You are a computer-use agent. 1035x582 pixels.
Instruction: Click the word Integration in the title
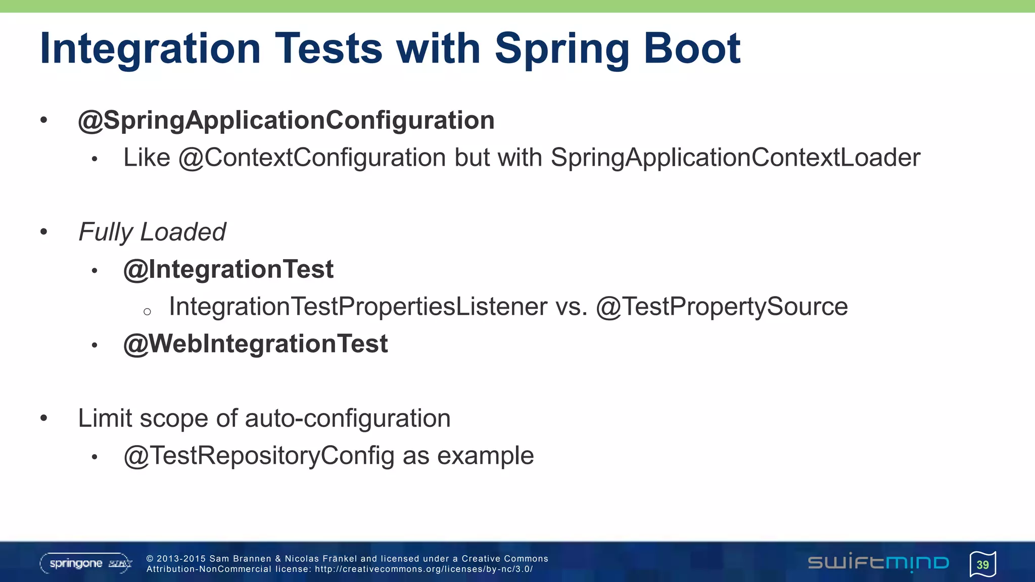point(150,49)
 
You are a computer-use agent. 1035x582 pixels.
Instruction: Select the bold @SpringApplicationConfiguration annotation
point(286,121)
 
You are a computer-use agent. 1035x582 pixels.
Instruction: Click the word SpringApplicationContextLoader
point(735,158)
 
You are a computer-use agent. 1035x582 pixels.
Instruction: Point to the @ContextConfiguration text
point(312,158)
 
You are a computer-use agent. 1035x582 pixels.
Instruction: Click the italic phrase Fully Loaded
point(152,232)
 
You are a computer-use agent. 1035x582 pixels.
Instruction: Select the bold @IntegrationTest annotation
point(228,269)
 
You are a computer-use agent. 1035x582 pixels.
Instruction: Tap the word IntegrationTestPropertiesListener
point(358,307)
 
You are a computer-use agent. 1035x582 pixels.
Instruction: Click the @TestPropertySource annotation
point(722,307)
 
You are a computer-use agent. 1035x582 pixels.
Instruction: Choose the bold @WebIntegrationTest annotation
point(256,344)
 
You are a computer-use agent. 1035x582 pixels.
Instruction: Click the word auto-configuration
point(348,419)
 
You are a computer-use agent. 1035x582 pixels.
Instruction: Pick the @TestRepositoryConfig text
point(259,456)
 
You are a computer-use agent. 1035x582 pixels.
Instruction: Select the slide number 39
point(982,564)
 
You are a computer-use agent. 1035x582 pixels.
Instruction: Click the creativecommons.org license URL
point(424,569)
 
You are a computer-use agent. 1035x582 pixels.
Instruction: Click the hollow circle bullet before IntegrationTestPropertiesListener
point(147,311)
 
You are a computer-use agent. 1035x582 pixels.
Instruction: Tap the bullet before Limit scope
point(44,418)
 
